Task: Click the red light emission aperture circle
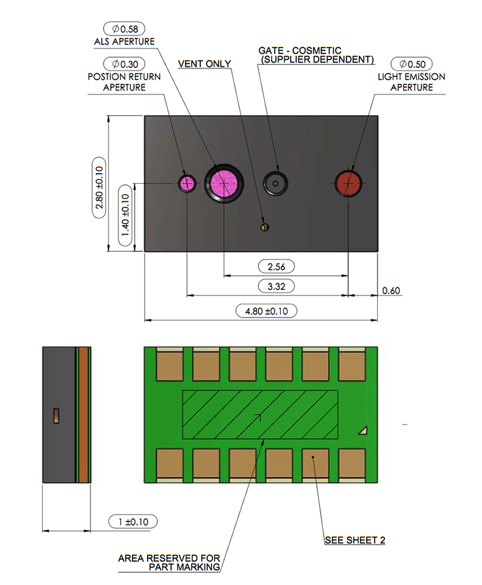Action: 348,183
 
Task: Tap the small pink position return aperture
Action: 187,184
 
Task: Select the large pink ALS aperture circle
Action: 224,184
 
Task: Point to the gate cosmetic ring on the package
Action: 276,184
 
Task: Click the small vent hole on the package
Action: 265,227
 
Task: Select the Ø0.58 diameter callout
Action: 124,29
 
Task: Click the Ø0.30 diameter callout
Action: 124,64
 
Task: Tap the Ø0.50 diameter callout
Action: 412,64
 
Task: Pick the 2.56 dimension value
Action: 277,267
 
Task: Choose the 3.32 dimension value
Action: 277,287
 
